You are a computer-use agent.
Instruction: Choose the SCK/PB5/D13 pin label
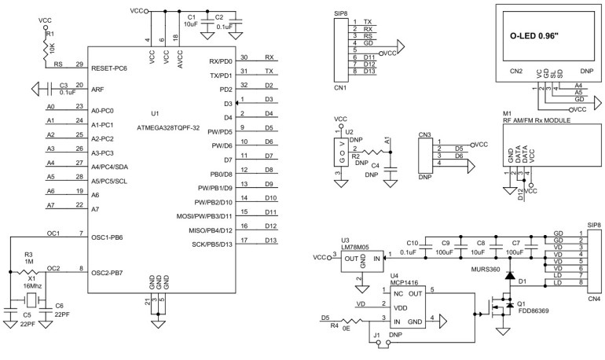[208, 244]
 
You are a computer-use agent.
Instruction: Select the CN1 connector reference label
[339, 87]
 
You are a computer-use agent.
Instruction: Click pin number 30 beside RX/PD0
[244, 57]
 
